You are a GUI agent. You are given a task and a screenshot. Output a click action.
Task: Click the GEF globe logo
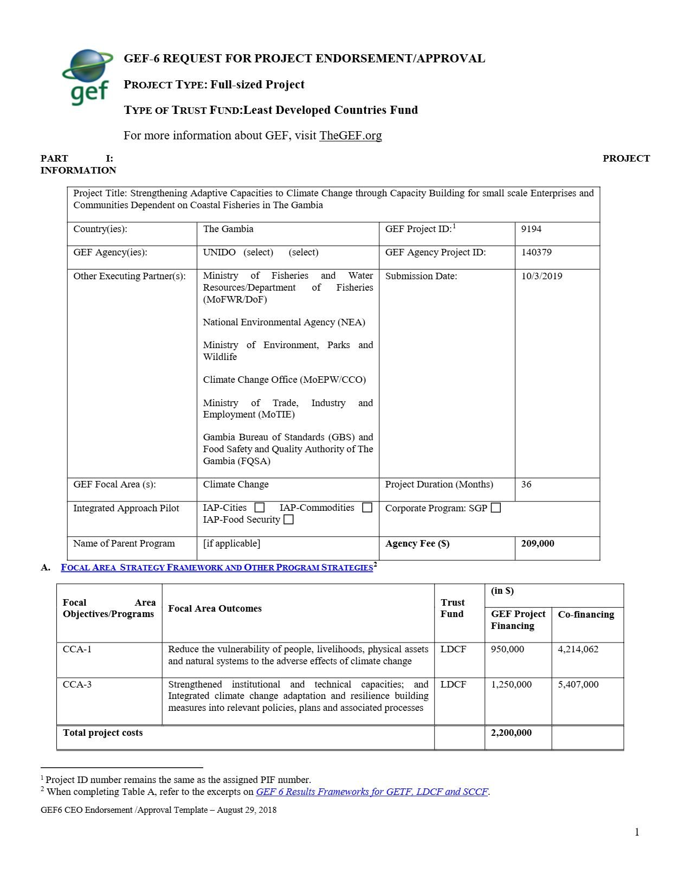pyautogui.click(x=88, y=76)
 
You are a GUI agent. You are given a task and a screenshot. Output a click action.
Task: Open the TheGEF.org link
pyautogui.click(x=350, y=136)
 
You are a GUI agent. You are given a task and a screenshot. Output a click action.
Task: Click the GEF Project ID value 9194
pyautogui.click(x=531, y=229)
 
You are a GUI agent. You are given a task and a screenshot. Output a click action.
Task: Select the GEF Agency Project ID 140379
pyautogui.click(x=537, y=252)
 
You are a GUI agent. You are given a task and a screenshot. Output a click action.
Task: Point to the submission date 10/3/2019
pyautogui.click(x=541, y=276)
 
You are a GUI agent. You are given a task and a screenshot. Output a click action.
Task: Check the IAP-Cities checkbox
pyautogui.click(x=260, y=508)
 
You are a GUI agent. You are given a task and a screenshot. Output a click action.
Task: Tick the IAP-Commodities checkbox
pyautogui.click(x=367, y=508)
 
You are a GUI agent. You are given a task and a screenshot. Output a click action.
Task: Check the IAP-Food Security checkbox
pyautogui.click(x=289, y=520)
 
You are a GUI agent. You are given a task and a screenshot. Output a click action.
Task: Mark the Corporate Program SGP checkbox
pyautogui.click(x=495, y=508)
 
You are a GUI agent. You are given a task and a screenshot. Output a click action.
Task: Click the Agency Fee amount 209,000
pyautogui.click(x=538, y=543)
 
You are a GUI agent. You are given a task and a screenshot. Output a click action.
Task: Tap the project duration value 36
pyautogui.click(x=526, y=484)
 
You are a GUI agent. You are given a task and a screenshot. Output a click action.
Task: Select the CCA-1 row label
pyautogui.click(x=77, y=649)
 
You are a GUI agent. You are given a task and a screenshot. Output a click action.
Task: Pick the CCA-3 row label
pyautogui.click(x=77, y=684)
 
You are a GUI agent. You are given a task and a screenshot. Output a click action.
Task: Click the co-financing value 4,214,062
pyautogui.click(x=578, y=649)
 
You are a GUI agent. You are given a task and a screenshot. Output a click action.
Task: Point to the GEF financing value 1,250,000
pyautogui.click(x=511, y=684)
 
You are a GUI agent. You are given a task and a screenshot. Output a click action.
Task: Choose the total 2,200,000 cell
pyautogui.click(x=511, y=733)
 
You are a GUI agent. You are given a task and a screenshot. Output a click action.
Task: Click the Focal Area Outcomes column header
pyautogui.click(x=215, y=608)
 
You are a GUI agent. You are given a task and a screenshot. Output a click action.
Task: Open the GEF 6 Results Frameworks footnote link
pyautogui.click(x=372, y=792)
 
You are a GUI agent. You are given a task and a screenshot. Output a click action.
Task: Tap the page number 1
pyautogui.click(x=637, y=832)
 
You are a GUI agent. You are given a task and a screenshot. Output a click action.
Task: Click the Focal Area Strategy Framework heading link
pyautogui.click(x=217, y=568)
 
